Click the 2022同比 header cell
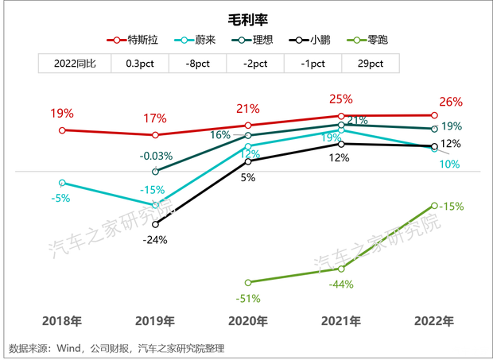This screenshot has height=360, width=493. pyautogui.click(x=75, y=64)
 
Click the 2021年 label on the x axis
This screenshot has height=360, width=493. pyautogui.click(x=340, y=322)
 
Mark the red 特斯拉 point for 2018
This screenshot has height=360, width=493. pyautogui.click(x=63, y=130)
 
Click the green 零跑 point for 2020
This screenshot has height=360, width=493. pyautogui.click(x=248, y=282)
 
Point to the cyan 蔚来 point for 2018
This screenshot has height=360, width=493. pyautogui.click(x=63, y=183)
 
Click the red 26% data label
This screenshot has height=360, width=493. pyautogui.click(x=451, y=103)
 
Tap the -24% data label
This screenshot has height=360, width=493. pyautogui.click(x=154, y=239)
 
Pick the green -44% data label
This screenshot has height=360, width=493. pyautogui.click(x=341, y=285)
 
